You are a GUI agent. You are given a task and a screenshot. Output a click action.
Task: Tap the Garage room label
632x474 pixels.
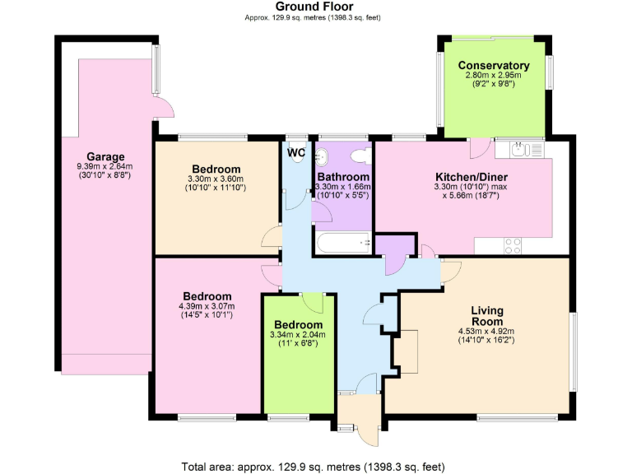pos(105,156)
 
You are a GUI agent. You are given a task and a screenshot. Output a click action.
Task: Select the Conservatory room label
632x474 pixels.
pos(493,66)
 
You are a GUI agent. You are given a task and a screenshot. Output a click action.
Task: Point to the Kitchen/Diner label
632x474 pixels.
pos(471,176)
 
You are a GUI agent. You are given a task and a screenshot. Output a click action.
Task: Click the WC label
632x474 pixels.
pos(296,152)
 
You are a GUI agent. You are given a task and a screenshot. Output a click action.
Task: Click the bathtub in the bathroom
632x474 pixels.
pos(342,244)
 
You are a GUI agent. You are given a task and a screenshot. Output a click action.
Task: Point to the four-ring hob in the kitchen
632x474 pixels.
pos(512,244)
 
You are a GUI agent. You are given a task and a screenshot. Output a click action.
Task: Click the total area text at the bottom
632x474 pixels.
pos(313,466)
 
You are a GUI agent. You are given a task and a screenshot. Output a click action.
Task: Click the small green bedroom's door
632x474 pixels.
pos(314,301)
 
